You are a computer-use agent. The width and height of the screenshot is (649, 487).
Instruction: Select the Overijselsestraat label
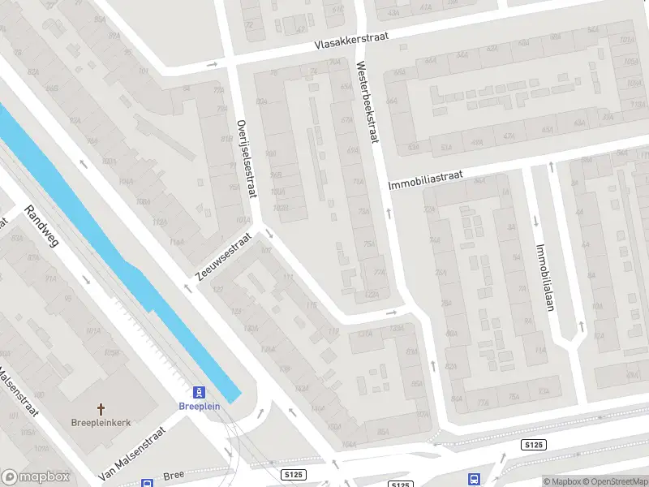pos(247,157)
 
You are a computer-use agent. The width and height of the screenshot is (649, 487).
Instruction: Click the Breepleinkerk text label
pos(101,423)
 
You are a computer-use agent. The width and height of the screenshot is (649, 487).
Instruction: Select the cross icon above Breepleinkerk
pos(101,409)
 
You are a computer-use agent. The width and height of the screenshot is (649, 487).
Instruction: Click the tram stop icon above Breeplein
pos(199,391)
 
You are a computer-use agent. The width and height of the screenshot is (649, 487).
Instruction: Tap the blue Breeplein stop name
pos(199,406)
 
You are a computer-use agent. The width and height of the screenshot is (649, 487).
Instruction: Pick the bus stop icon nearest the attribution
pos(473,480)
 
